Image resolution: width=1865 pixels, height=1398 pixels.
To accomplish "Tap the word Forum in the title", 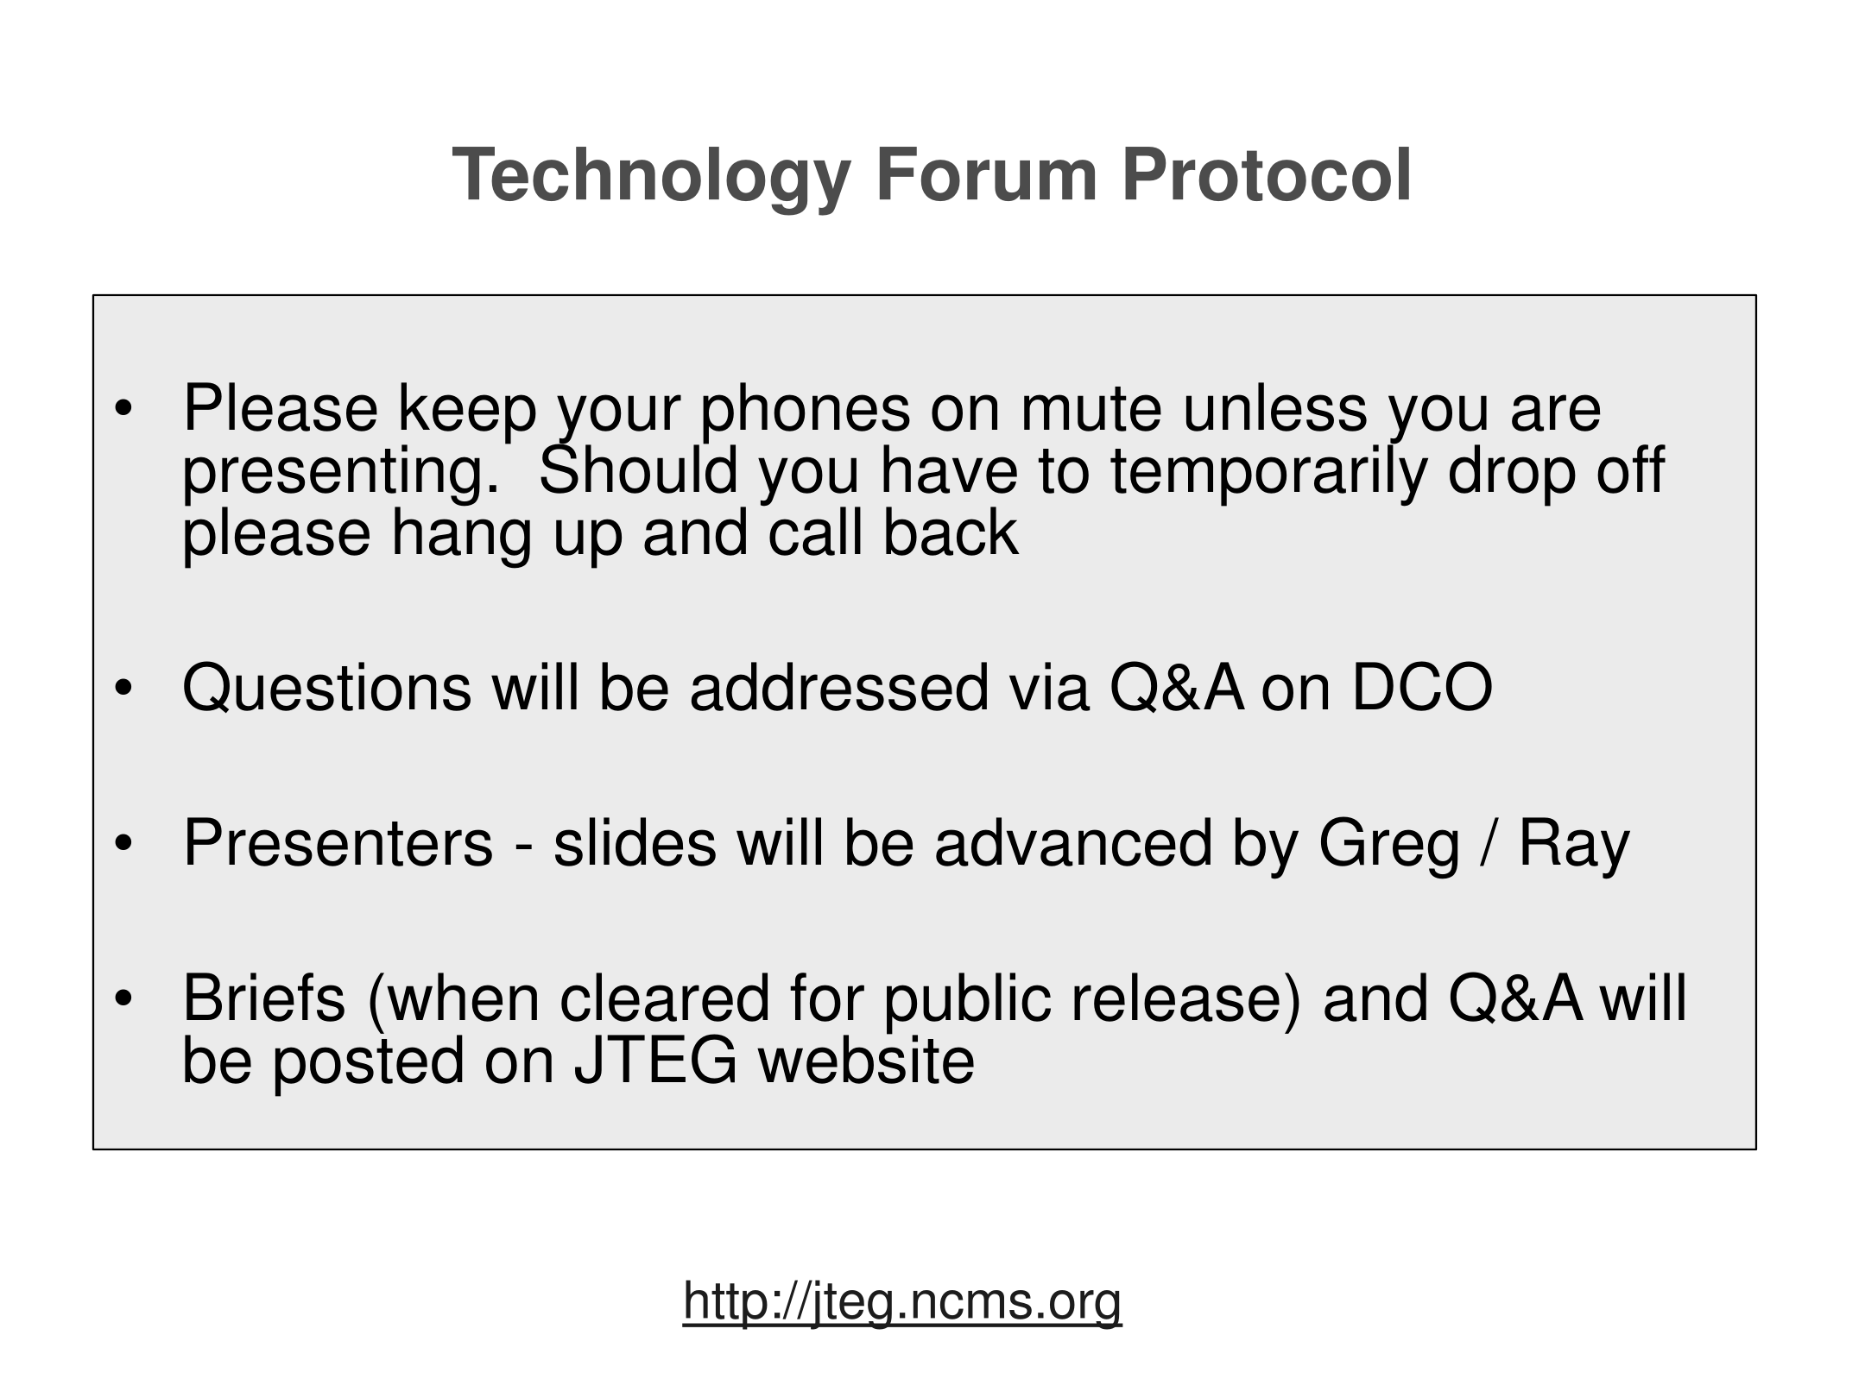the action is click(x=986, y=175).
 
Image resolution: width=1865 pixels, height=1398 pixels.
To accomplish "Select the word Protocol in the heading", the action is click(x=1267, y=175).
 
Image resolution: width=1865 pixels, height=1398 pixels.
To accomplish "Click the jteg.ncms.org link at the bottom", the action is click(x=902, y=1302).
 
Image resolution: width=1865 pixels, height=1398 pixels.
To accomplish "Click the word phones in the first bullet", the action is click(x=805, y=412).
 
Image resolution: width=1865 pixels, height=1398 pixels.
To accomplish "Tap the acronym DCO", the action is click(x=1422, y=688).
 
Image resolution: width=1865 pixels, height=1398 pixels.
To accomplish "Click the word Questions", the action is click(x=327, y=688).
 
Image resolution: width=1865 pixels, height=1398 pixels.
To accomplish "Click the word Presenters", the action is click(x=338, y=843).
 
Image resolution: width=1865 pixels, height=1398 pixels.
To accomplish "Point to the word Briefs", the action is click(x=264, y=998).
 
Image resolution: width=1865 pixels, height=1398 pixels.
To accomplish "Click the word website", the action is click(x=866, y=1061).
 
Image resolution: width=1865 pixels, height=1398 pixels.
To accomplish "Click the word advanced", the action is click(x=1073, y=843).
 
